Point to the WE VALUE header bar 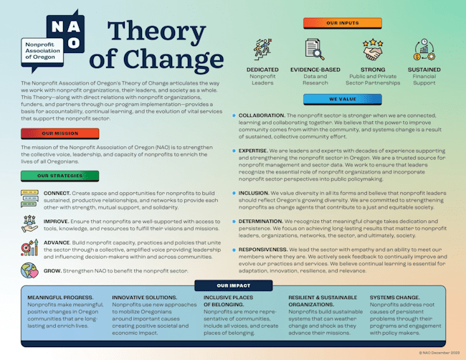click(341, 100)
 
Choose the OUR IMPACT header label click(232, 285)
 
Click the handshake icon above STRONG click(372, 50)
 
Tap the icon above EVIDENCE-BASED click(313, 50)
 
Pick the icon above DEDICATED click(262, 50)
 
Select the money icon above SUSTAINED click(423, 50)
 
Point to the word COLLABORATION click(262, 115)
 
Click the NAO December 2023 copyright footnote click(438, 352)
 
